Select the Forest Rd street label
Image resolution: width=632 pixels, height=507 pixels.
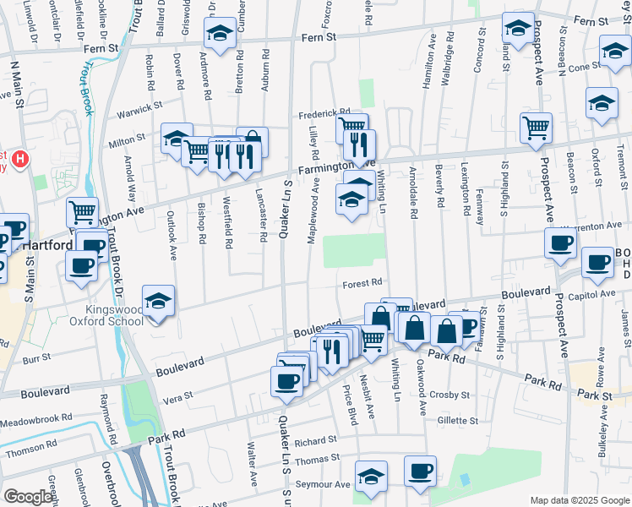click(x=363, y=283)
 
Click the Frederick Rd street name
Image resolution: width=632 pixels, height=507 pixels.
click(x=323, y=113)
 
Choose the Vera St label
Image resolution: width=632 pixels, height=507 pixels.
click(x=177, y=395)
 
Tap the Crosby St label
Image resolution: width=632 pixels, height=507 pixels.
click(x=449, y=395)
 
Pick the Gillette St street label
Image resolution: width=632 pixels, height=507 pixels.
click(x=457, y=420)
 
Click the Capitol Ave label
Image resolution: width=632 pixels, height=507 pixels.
click(x=596, y=294)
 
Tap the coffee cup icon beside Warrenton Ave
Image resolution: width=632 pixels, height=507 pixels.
click(x=560, y=243)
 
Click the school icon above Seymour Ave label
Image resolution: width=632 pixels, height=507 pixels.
click(x=371, y=476)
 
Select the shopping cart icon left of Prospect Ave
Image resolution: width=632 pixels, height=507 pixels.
click(x=536, y=128)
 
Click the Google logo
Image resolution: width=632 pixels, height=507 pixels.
click(x=29, y=497)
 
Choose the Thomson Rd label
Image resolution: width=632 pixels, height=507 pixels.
click(x=30, y=452)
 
